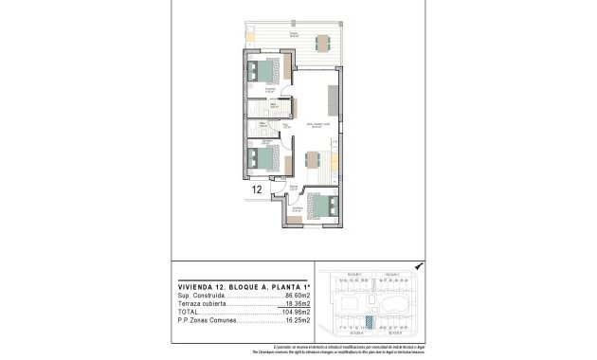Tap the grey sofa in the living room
pos(334,101)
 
